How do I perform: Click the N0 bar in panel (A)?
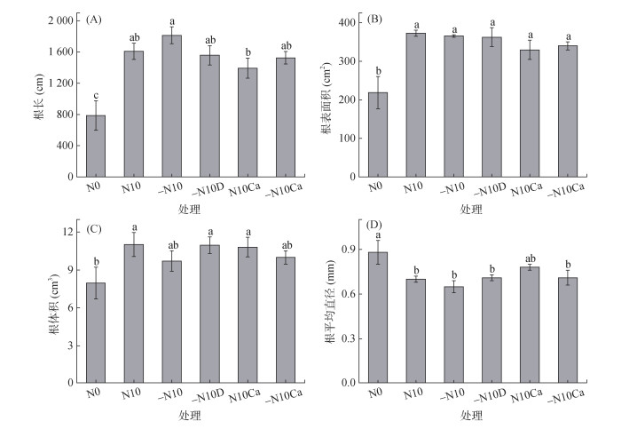(x=95, y=146)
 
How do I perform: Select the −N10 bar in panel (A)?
(x=171, y=106)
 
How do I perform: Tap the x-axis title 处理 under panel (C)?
(x=190, y=416)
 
